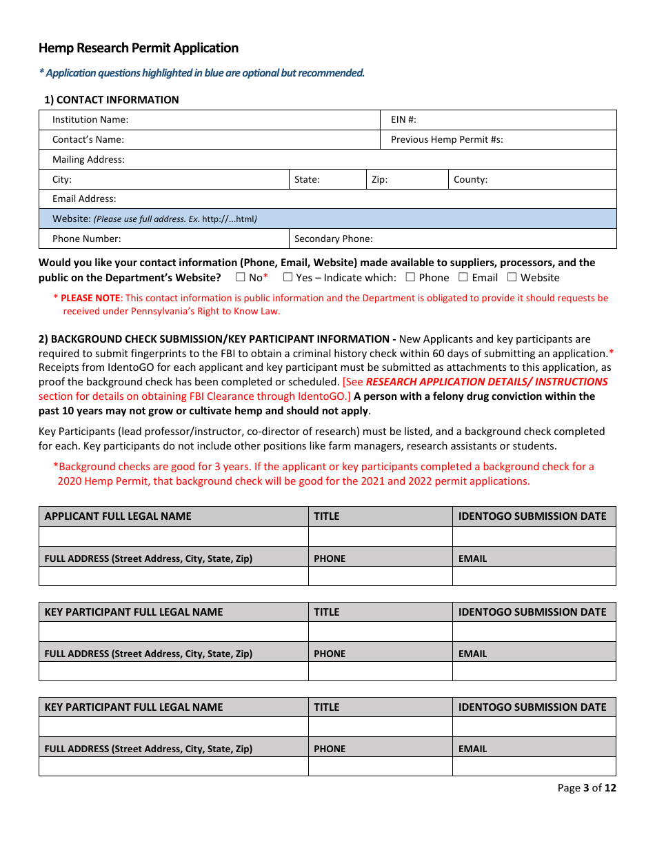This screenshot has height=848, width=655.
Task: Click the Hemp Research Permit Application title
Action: [x=139, y=48]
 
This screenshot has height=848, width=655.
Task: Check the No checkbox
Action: [x=240, y=278]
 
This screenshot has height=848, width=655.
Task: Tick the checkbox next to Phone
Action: [x=410, y=278]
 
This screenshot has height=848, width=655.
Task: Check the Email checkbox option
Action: [x=463, y=278]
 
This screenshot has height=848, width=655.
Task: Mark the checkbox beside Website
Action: [x=512, y=278]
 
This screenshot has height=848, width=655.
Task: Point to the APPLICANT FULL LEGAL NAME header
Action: [x=118, y=516]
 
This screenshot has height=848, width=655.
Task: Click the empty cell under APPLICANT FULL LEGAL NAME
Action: [x=174, y=536]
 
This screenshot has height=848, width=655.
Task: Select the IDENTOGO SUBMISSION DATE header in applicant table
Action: [x=532, y=516]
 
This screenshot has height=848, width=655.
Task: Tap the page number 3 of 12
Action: [x=587, y=788]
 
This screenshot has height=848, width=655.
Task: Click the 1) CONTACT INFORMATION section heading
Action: [x=112, y=100]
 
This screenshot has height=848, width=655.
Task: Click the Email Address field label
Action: [x=84, y=199]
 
